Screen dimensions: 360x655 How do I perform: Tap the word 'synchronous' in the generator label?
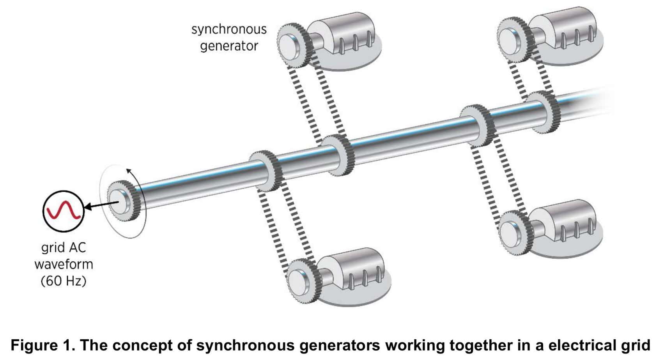[x=229, y=29]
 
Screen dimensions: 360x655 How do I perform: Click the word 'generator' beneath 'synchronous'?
[x=229, y=46]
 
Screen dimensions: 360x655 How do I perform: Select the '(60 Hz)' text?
[x=63, y=281]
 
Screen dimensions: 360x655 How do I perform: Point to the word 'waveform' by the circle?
[x=64, y=264]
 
